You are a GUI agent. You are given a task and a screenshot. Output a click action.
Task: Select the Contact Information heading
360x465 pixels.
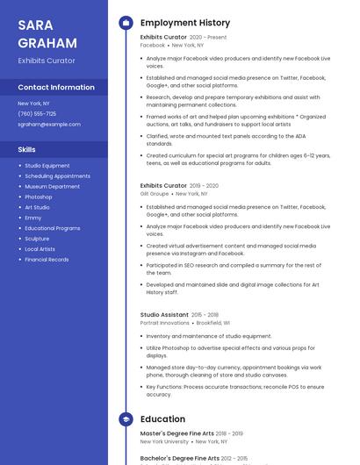[56, 88]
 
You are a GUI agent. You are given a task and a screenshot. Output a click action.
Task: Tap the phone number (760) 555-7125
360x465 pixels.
[37, 114]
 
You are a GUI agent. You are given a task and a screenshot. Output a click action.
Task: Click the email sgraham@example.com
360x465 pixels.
[49, 125]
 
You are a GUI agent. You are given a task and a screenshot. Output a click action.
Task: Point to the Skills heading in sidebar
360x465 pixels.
[26, 150]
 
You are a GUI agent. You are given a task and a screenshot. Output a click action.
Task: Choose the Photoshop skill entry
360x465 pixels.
[39, 197]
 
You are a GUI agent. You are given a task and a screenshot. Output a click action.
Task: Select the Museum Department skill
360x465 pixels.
[52, 186]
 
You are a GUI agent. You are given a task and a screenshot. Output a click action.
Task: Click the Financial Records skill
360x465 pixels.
[47, 260]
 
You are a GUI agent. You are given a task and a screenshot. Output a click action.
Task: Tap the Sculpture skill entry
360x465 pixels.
[37, 239]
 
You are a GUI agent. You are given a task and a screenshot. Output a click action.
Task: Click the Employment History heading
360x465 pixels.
[184, 23]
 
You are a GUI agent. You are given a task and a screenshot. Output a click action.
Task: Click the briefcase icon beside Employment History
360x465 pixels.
[125, 23]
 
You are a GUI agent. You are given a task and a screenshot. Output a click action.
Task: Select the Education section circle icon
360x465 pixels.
[125, 418]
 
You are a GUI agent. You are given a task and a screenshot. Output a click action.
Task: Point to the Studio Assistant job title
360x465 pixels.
[164, 314]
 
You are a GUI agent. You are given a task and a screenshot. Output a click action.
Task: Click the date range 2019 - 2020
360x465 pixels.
[205, 186]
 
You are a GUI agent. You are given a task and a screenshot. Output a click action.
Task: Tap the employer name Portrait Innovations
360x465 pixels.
[164, 323]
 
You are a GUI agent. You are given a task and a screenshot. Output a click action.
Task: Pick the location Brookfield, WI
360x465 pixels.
[213, 323]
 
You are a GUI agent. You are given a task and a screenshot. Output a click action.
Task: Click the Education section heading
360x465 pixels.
[162, 418]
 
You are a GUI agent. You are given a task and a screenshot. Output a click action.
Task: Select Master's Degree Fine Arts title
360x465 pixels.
[177, 433]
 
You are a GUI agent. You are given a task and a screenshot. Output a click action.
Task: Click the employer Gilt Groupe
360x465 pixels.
[155, 194]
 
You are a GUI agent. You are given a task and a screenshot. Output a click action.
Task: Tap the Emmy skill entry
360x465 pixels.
[32, 218]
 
